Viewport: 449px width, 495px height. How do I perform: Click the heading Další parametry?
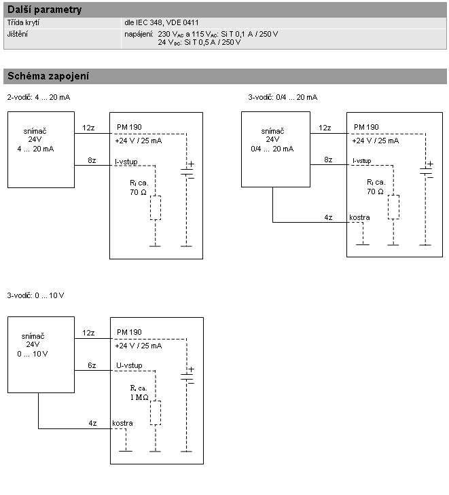coord(44,10)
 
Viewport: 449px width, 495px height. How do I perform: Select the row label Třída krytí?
coord(24,22)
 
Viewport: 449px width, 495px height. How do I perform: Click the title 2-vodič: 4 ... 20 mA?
coord(38,97)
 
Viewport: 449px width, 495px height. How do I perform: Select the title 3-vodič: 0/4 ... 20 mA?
coord(283,97)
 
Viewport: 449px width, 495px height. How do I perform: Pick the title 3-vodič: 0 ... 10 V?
coord(35,295)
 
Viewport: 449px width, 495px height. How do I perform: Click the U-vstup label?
coord(128,366)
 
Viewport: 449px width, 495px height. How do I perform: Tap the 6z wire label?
coord(92,366)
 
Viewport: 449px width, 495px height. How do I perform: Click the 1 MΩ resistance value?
coord(139,396)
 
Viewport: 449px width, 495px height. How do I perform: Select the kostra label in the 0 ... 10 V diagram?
coord(122,423)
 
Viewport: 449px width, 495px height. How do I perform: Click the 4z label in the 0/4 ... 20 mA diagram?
coord(328,217)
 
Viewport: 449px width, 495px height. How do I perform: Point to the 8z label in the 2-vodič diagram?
coord(92,160)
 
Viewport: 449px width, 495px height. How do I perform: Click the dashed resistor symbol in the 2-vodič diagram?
coord(155,208)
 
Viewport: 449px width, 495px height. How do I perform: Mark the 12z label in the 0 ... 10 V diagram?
coord(88,333)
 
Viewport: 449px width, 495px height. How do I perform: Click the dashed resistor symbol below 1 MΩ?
coord(155,412)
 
